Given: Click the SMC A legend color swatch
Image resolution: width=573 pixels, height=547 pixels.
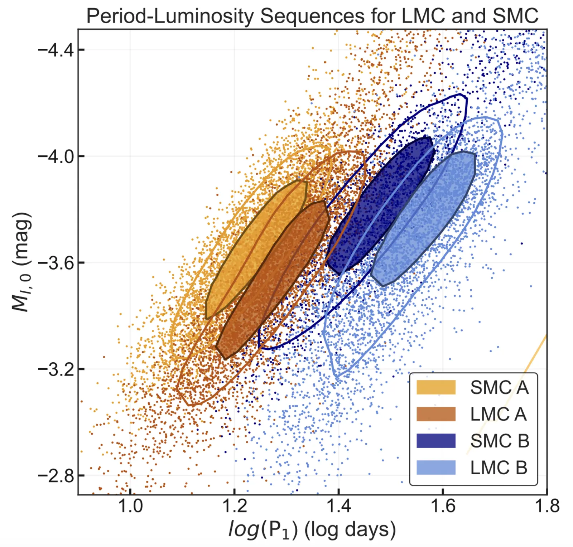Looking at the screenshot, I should (x=436, y=387).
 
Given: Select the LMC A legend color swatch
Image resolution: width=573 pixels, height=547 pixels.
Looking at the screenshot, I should (x=436, y=414).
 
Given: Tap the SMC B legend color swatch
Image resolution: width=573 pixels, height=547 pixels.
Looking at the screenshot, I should (x=436, y=441).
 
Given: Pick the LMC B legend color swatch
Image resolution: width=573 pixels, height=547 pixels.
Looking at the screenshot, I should (x=436, y=468).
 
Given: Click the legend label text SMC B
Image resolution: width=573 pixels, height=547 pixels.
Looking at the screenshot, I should (x=500, y=441).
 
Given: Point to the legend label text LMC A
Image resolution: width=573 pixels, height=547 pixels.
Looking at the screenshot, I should (x=498, y=414).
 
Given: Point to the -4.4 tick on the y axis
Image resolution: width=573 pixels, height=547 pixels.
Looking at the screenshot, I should (x=56, y=49).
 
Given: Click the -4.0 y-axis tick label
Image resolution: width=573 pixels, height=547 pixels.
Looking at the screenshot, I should (x=56, y=156).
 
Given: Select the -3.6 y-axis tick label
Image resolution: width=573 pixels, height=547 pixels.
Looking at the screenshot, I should (x=56, y=262).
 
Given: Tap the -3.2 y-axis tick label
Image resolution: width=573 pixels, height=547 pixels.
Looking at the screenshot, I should (x=56, y=369).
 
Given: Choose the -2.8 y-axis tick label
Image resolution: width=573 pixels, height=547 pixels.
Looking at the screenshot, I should (x=56, y=475).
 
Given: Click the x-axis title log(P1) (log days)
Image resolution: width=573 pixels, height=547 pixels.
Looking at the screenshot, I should (x=312, y=530).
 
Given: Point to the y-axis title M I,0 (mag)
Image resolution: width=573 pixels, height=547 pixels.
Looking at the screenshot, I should (x=21, y=262).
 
